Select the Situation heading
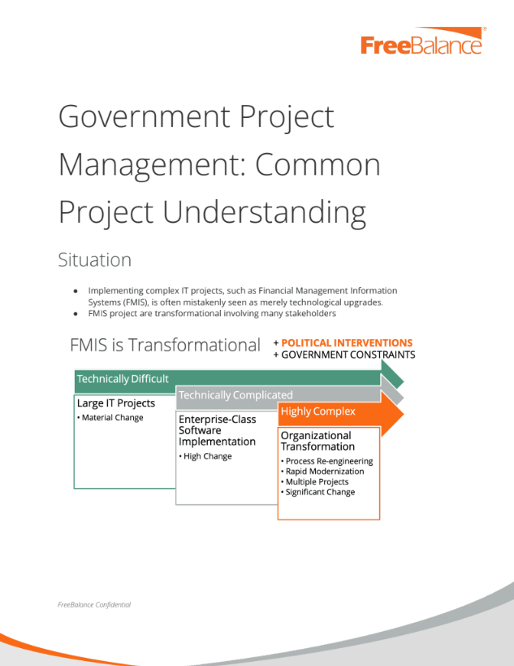(x=94, y=260)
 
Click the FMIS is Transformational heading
(x=165, y=345)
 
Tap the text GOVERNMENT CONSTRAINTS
(x=348, y=355)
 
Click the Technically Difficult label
(x=123, y=379)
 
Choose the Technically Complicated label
(x=235, y=395)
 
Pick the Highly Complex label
(x=318, y=411)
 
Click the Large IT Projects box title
(x=116, y=403)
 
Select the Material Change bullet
(x=112, y=418)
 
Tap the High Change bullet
(x=207, y=456)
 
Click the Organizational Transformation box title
(x=317, y=441)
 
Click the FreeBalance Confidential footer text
(x=94, y=605)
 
